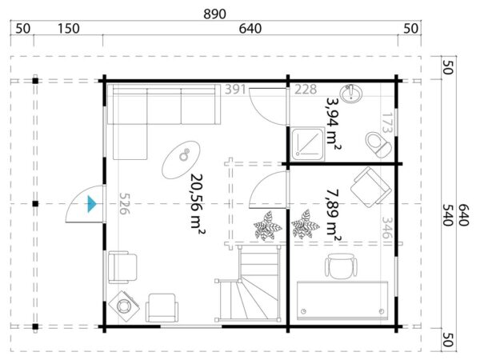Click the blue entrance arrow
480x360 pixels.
[x=93, y=205]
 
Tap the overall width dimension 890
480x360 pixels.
[x=215, y=13]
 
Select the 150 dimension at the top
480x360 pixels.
[x=69, y=29]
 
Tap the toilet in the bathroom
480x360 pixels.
[x=375, y=144]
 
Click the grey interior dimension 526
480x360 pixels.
[x=124, y=206]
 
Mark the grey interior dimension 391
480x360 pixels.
[x=236, y=89]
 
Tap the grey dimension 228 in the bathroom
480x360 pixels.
[x=306, y=89]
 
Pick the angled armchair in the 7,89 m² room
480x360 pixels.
[x=370, y=186]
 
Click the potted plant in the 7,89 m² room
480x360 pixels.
[x=304, y=224]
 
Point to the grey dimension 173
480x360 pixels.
[x=386, y=124]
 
